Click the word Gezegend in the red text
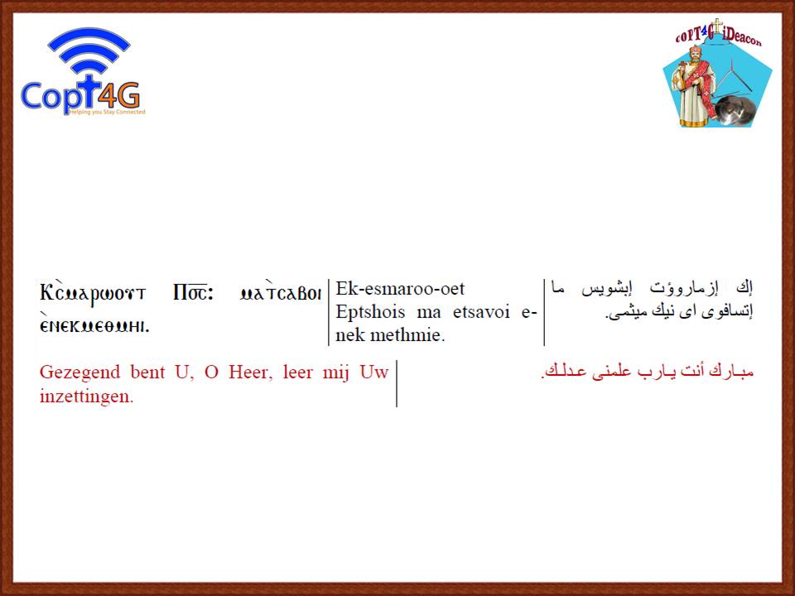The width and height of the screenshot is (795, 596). point(79,373)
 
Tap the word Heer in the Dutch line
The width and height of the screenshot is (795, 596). point(247,372)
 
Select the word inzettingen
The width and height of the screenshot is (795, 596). point(86,397)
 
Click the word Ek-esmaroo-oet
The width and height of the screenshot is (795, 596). point(400,288)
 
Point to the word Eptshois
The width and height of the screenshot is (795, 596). point(370,313)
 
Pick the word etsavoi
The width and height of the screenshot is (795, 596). point(481,312)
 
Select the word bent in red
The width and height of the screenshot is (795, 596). point(148,372)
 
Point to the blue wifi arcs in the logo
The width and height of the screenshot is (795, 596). point(89,50)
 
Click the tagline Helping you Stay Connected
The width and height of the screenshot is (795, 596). point(107,112)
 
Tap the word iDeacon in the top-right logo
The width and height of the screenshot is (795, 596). point(742,37)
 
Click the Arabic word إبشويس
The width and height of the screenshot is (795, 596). point(607,289)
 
